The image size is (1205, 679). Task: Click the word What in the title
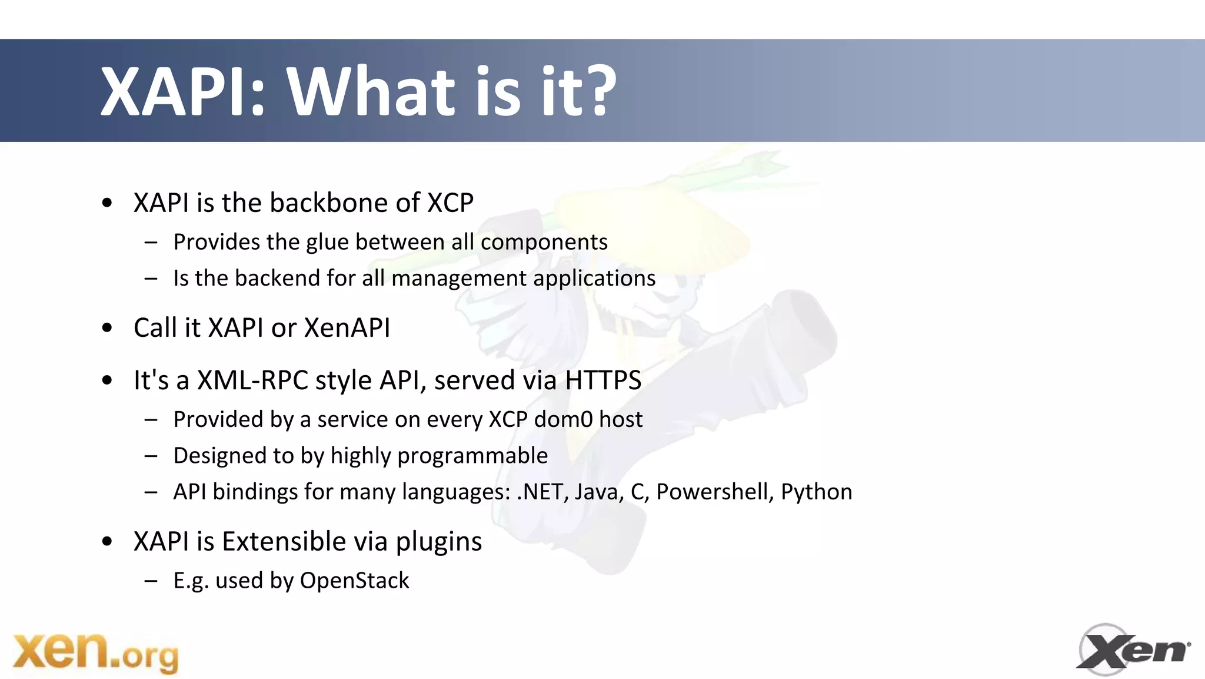tap(371, 91)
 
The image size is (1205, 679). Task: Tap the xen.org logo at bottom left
tap(95, 652)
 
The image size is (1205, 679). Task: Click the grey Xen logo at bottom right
tap(1133, 650)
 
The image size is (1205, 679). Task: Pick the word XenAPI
tap(347, 327)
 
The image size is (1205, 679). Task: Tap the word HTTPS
tap(602, 380)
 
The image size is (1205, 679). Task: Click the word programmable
tap(472, 456)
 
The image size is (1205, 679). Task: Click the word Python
tap(816, 492)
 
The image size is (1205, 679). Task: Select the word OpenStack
tap(354, 581)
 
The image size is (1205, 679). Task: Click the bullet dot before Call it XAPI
tap(106, 328)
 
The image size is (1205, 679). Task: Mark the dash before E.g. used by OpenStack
tap(151, 581)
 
